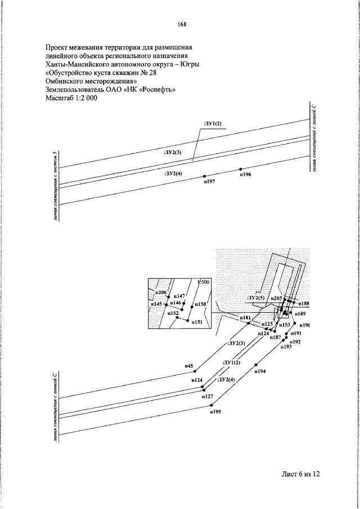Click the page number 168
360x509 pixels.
point(182,24)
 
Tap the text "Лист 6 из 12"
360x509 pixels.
point(301,474)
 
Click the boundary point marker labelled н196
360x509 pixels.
point(240,169)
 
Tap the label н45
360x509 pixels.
point(189,366)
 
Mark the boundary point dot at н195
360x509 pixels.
point(211,405)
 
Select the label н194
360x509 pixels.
point(259,371)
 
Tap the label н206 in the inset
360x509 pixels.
point(161,292)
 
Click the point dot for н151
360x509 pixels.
point(188,321)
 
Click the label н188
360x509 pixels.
point(304,303)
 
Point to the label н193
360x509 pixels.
point(286,347)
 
